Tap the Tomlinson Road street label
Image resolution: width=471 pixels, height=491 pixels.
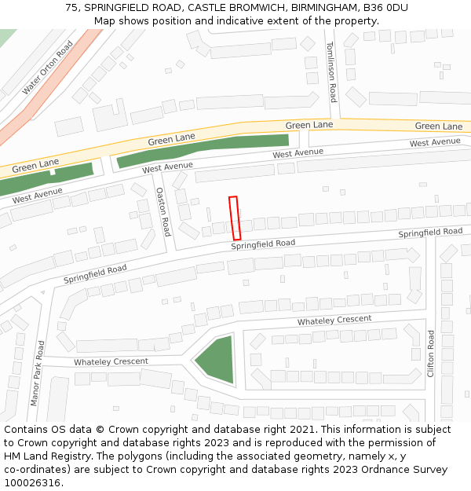coord(331,71)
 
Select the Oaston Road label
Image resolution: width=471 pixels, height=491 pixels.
coord(162,211)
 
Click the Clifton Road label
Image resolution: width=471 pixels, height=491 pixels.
coord(430,353)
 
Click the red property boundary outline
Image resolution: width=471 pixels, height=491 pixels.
coord(235,218)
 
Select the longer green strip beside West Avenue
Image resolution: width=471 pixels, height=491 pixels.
coord(203,149)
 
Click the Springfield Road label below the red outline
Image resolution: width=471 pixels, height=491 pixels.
coord(263,244)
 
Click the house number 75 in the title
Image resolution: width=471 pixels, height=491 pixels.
coord(71,7)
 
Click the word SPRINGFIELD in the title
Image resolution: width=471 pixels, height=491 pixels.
coord(118,7)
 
